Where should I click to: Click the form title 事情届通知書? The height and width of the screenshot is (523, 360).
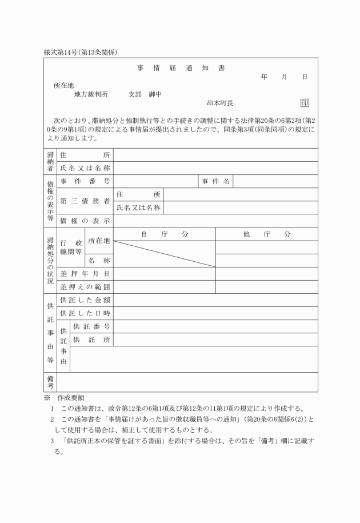click(181, 68)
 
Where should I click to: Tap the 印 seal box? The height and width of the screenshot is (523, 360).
click(305, 103)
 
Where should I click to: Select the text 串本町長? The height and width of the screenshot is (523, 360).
click(220, 103)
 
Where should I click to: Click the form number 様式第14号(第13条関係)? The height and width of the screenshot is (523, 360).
click(81, 53)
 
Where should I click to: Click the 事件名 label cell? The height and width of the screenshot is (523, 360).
click(215, 181)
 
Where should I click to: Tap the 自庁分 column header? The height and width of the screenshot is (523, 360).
click(165, 234)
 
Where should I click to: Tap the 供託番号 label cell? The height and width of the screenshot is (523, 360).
click(91, 326)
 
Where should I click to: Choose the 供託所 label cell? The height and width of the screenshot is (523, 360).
click(91, 340)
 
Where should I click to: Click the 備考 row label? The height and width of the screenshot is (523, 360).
click(50, 382)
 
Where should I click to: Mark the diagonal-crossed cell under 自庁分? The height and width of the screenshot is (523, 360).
click(165, 254)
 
